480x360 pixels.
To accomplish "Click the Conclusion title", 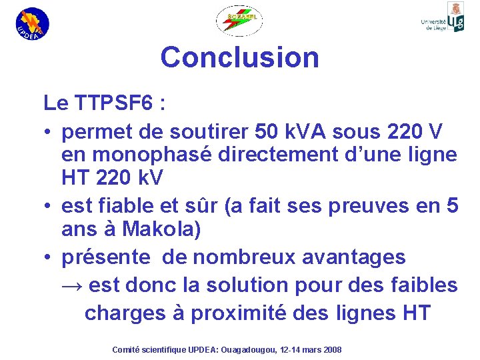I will tap(239, 57).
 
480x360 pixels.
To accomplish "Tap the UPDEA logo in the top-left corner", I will tap(32, 23).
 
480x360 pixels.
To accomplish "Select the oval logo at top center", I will tap(239, 21).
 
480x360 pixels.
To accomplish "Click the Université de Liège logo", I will tap(443, 18).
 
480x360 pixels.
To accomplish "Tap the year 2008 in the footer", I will tap(329, 349).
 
